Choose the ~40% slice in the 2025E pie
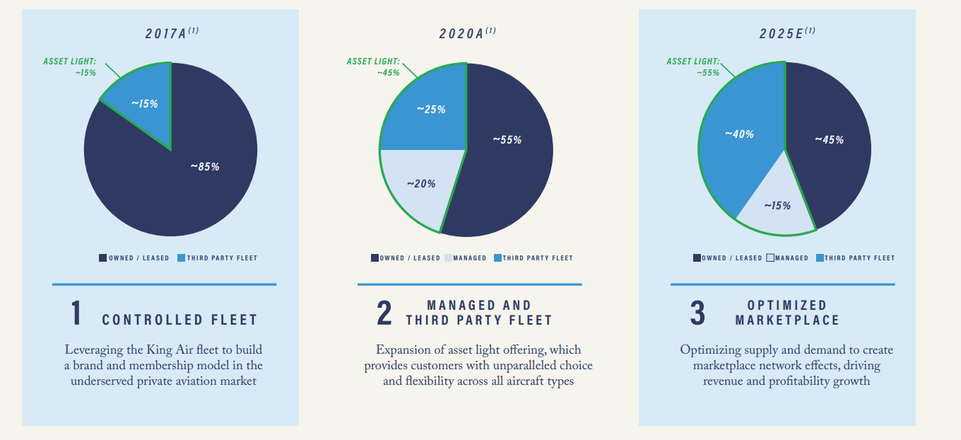(739, 141)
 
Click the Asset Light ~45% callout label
(372, 67)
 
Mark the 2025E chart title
(784, 33)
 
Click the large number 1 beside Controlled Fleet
(76, 314)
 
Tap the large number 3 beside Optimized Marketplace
(697, 314)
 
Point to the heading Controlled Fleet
(179, 320)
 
